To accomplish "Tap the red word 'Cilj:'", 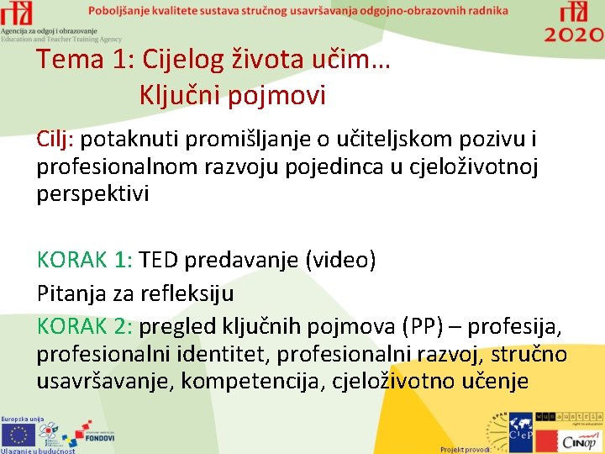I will (x=55, y=139).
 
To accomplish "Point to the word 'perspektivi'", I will (x=92, y=194).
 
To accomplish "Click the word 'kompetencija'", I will (x=253, y=381).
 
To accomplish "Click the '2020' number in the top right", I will (x=573, y=34).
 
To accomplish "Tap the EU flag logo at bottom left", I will (x=18, y=433).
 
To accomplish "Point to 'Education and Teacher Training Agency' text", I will (x=61, y=40).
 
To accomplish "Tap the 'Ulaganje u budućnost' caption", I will (x=38, y=450).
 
